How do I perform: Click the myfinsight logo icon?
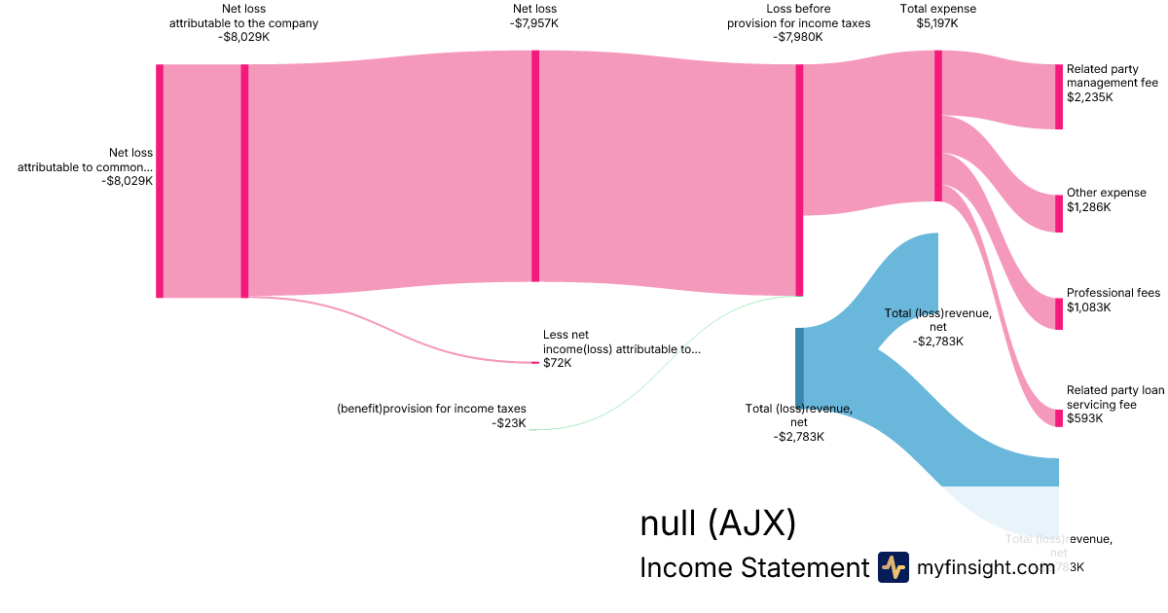tap(894, 567)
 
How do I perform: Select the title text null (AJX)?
tap(717, 523)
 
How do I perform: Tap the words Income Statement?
tap(753, 567)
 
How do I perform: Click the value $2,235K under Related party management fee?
tap(1089, 97)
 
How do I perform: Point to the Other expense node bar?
tap(1059, 213)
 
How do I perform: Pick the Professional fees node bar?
tap(1059, 313)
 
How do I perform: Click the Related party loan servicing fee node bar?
tap(1059, 417)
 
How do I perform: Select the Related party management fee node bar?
tap(1059, 96)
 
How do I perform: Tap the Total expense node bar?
tap(938, 126)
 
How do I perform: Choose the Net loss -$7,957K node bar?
tap(535, 165)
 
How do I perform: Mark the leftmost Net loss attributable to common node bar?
tap(160, 181)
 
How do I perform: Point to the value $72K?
tap(558, 363)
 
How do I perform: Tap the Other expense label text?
tap(1106, 193)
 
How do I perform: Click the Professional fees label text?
tap(1113, 293)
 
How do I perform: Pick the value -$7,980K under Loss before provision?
tap(798, 37)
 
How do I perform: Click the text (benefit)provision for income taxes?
tap(431, 409)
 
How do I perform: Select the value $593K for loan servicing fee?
tap(1085, 418)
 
